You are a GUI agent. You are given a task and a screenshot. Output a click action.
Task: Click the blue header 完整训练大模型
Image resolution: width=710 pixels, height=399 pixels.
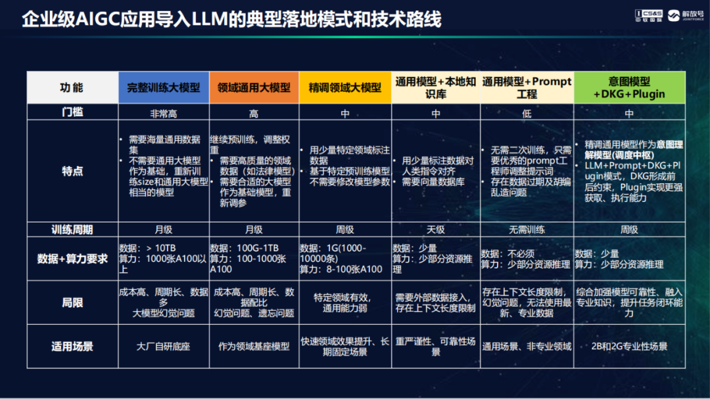click(164, 87)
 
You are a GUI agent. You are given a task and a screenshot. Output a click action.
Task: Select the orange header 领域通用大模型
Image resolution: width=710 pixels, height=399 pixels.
click(254, 87)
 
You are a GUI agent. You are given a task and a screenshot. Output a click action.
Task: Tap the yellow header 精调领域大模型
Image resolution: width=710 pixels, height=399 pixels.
click(344, 87)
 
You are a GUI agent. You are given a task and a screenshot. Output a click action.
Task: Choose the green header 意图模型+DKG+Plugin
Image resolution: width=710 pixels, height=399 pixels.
click(629, 87)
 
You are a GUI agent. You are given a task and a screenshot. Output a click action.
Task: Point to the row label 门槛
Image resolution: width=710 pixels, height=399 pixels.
click(72, 112)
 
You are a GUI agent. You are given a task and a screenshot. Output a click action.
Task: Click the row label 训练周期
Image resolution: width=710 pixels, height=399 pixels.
click(72, 229)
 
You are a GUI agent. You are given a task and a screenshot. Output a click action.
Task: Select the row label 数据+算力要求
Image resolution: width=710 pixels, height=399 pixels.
click(72, 259)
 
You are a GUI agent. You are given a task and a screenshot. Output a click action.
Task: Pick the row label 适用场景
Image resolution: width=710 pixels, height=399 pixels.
click(72, 346)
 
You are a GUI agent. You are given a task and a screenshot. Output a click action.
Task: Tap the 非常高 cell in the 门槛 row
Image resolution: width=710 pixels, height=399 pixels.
click(164, 113)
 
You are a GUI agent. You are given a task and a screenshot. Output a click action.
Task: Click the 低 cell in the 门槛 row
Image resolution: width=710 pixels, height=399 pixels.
click(527, 113)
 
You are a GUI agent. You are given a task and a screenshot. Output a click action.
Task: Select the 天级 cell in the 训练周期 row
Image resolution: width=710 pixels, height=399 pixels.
click(435, 230)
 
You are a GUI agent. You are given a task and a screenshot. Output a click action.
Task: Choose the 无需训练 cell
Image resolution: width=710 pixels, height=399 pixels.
click(527, 230)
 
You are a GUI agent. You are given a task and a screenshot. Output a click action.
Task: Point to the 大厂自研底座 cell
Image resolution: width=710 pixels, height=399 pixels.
click(164, 346)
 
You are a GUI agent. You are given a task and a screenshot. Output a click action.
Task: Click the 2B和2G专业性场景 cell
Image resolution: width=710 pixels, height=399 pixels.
click(630, 346)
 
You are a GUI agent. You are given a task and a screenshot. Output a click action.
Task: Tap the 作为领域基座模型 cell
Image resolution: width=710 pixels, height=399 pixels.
click(254, 346)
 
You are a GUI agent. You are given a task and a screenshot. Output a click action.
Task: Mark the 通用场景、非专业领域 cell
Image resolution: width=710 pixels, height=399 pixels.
click(527, 346)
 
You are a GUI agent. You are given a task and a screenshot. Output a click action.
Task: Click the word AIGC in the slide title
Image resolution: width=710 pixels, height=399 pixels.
click(92, 19)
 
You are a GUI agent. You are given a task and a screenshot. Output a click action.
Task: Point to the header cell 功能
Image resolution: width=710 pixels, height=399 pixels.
click(72, 87)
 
